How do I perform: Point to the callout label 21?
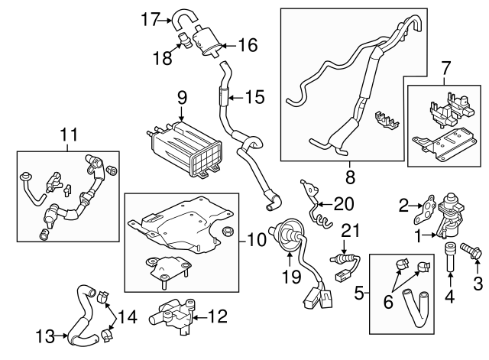coord(349,229)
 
